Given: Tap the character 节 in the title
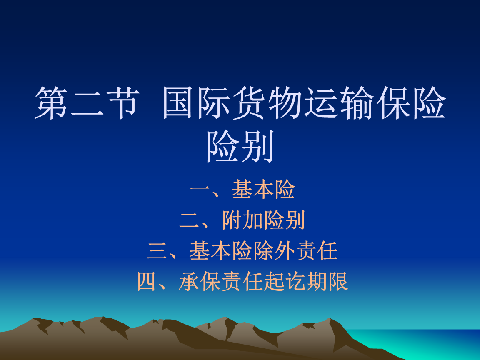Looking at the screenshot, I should tap(120, 103).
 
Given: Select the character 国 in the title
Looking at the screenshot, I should tap(180, 103).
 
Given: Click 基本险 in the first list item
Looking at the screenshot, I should tap(263, 189).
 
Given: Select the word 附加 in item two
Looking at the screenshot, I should tap(242, 220).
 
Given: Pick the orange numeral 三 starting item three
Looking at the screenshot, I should tap(157, 251).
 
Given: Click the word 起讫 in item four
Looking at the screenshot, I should tap(285, 282).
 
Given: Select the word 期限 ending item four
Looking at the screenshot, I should tap(327, 282).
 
